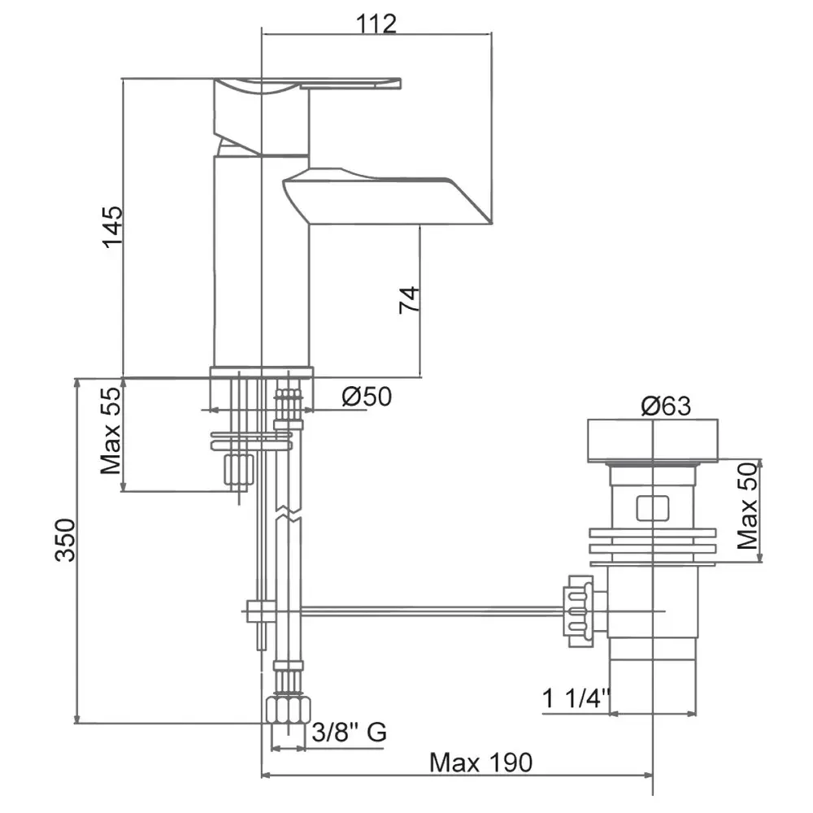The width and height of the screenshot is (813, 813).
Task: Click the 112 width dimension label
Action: pyautogui.click(x=376, y=24)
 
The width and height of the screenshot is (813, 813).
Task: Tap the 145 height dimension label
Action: pyautogui.click(x=112, y=227)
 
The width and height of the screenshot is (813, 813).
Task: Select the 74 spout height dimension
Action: pyautogui.click(x=409, y=299)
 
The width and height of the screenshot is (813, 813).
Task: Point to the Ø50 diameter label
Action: pyautogui.click(x=367, y=397)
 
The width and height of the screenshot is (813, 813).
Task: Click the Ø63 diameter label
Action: pyautogui.click(x=666, y=406)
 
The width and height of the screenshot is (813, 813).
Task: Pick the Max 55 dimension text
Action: pyautogui.click(x=111, y=431)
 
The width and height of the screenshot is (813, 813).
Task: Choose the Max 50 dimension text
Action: pyautogui.click(x=747, y=506)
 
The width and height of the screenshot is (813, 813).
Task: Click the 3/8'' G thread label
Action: pyautogui.click(x=349, y=733)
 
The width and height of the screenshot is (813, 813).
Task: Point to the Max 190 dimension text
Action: pyautogui.click(x=480, y=763)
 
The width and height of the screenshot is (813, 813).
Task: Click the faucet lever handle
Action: pyautogui.click(x=307, y=85)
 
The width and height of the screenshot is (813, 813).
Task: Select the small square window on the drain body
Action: pyautogui.click(x=652, y=507)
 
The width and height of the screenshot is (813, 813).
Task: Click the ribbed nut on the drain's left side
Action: pyautogui.click(x=580, y=611)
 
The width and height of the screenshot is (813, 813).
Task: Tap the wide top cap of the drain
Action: pyautogui.click(x=652, y=440)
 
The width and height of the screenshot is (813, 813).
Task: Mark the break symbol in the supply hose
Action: pyautogui.click(x=288, y=511)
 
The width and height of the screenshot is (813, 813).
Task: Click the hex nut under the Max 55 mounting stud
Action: pyautogui.click(x=238, y=469)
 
